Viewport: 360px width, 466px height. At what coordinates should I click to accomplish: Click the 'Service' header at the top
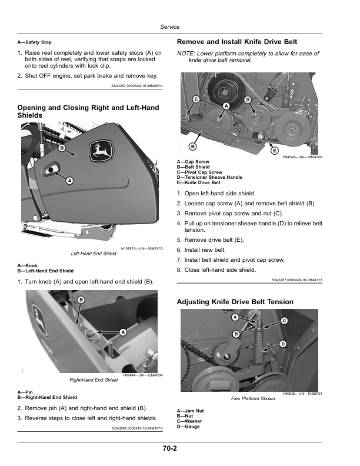(169, 27)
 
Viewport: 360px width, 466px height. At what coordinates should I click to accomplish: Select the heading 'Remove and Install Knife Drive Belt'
(236, 42)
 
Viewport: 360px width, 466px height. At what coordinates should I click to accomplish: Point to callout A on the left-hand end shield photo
(69, 180)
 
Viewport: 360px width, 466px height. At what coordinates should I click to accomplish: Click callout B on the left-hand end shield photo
(62, 148)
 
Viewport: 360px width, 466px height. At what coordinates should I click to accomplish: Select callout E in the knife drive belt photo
(274, 151)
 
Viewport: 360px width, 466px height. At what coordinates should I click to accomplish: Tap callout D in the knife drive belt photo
(248, 99)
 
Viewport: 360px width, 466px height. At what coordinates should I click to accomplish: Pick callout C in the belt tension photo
(284, 321)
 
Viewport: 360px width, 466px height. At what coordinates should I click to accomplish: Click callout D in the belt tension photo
(283, 344)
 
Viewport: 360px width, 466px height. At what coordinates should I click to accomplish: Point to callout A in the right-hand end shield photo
(123, 332)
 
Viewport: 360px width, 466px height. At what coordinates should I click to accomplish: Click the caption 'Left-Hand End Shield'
(94, 254)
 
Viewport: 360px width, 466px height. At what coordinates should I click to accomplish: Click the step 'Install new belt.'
(208, 250)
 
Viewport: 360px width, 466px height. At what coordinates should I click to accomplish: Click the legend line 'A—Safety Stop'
(35, 42)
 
